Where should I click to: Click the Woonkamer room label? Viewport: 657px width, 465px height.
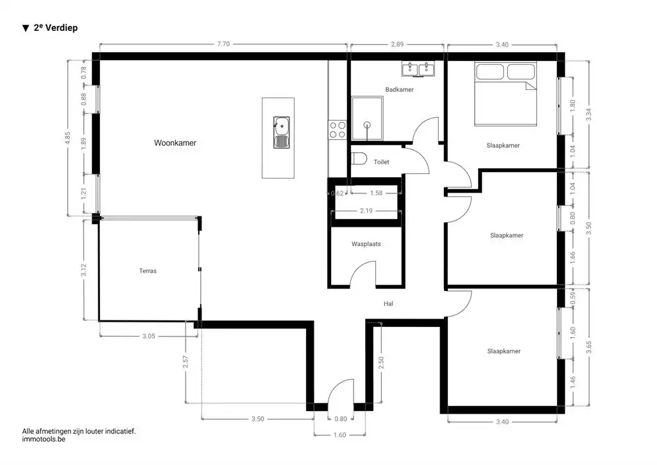(x=175, y=143)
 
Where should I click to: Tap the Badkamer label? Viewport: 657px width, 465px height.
(x=399, y=90)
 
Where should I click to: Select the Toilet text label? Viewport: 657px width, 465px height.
(x=381, y=162)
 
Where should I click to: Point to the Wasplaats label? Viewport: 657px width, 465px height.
(x=366, y=245)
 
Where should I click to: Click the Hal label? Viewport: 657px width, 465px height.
(x=388, y=304)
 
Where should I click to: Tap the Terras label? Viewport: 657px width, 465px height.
(x=148, y=271)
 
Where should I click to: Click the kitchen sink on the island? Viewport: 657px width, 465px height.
(x=280, y=132)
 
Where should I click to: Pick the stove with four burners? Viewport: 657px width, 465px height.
(x=337, y=130)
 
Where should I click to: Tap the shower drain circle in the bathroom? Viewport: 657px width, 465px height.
(x=367, y=125)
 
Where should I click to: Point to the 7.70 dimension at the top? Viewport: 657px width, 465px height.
(x=223, y=44)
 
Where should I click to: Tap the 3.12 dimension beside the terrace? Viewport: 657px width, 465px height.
(x=83, y=270)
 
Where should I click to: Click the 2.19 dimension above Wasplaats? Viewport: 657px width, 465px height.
(x=366, y=211)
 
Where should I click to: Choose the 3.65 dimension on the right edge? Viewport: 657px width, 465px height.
(x=589, y=347)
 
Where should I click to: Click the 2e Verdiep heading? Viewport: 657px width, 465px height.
(x=50, y=28)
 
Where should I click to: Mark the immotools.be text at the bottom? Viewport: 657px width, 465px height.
(x=44, y=440)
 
